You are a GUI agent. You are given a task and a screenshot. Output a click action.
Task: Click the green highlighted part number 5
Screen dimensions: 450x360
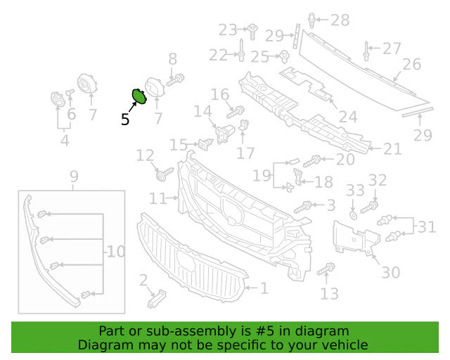(x=139, y=96)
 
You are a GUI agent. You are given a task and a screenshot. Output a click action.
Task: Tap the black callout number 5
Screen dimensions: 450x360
(x=125, y=120)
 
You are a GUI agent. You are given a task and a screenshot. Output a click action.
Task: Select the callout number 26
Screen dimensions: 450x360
(x=411, y=64)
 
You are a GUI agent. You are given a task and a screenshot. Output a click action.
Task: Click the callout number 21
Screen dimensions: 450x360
(x=392, y=149)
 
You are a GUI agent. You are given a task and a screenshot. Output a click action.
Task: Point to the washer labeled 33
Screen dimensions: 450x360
(x=353, y=214)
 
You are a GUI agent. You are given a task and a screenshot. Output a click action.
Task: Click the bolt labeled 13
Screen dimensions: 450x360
(x=326, y=269)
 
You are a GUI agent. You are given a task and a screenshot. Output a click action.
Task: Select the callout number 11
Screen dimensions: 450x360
(x=157, y=198)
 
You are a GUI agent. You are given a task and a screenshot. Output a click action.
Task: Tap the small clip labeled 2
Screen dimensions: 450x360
(x=157, y=299)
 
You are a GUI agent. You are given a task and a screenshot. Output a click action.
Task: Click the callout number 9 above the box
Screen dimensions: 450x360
(x=74, y=176)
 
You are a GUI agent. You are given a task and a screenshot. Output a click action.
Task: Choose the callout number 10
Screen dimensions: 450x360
(x=116, y=252)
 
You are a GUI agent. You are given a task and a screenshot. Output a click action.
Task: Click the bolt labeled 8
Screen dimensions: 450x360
(x=175, y=80)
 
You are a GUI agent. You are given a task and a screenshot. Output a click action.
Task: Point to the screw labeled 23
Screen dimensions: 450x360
(x=252, y=32)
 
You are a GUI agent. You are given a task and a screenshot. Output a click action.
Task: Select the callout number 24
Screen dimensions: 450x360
(x=348, y=117)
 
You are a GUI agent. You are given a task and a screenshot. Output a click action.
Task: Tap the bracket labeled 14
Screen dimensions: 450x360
(x=225, y=134)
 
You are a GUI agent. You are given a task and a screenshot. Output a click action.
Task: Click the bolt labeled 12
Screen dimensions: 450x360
(x=164, y=174)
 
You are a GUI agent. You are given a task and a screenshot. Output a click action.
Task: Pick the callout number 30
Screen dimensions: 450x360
(x=391, y=272)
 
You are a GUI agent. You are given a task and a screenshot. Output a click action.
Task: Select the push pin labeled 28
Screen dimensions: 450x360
(x=311, y=20)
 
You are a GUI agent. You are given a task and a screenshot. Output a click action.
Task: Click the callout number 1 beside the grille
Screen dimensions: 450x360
(x=264, y=288)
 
